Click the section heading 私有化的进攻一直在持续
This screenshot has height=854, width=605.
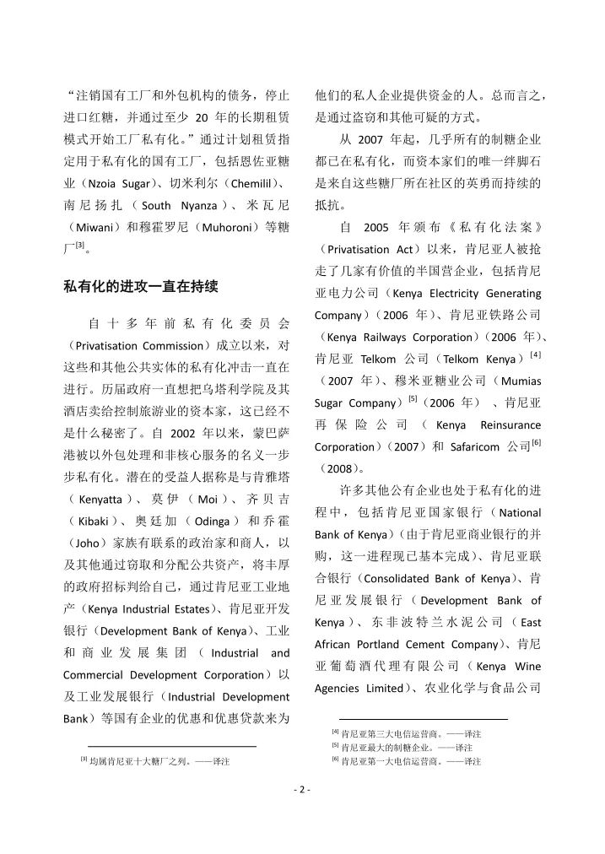(x=141, y=285)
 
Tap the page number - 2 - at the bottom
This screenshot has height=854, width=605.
(x=302, y=790)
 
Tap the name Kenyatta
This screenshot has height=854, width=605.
(x=97, y=499)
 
